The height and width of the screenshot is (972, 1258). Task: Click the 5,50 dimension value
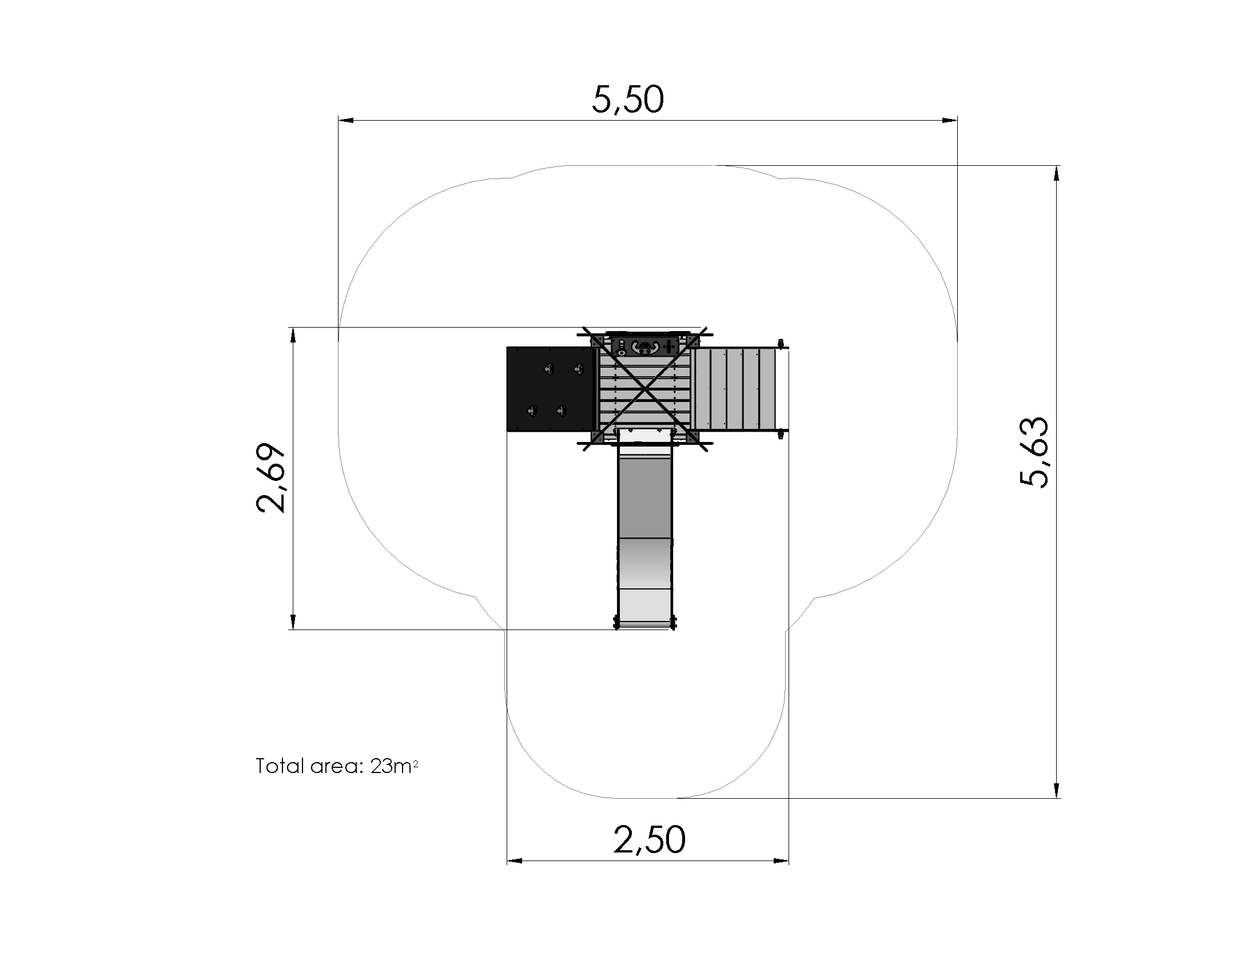coord(628,99)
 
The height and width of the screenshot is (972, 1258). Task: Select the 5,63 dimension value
coord(1034,452)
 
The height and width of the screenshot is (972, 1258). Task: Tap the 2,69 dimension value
coord(270,478)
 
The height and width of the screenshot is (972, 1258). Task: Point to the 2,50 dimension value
coord(649,839)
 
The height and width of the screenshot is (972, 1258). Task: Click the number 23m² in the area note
coord(395,766)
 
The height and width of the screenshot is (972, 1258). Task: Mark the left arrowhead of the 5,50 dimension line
coord(345,120)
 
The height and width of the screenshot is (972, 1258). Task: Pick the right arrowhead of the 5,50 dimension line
coord(950,120)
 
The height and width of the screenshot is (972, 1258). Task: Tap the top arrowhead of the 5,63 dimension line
coord(1056,173)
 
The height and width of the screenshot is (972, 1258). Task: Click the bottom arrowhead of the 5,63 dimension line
coord(1056,791)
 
